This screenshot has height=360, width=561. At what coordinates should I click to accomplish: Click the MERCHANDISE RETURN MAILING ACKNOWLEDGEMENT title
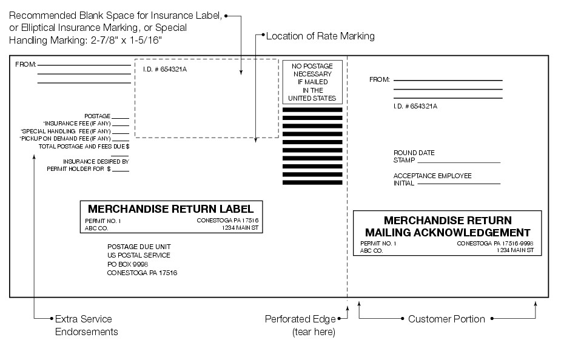click(447, 226)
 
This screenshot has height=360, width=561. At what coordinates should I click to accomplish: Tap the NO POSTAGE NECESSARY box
click(312, 82)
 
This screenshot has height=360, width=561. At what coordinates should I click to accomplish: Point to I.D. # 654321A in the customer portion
click(415, 106)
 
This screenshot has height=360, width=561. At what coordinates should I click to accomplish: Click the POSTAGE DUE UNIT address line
click(139, 247)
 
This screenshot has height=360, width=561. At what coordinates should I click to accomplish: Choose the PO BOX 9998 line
click(127, 264)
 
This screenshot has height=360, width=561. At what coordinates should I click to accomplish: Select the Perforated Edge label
click(300, 319)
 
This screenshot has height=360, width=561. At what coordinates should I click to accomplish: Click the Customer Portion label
click(446, 319)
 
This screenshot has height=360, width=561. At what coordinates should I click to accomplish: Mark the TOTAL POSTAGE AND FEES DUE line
click(84, 146)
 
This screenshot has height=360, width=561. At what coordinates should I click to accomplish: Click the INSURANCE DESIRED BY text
click(96, 162)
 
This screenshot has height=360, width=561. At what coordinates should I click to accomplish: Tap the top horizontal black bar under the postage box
click(312, 110)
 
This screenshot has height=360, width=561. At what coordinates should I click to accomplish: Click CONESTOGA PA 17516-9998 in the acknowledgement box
click(495, 243)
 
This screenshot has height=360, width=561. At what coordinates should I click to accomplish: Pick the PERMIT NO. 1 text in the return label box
click(102, 221)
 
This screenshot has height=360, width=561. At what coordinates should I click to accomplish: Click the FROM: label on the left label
click(25, 64)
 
